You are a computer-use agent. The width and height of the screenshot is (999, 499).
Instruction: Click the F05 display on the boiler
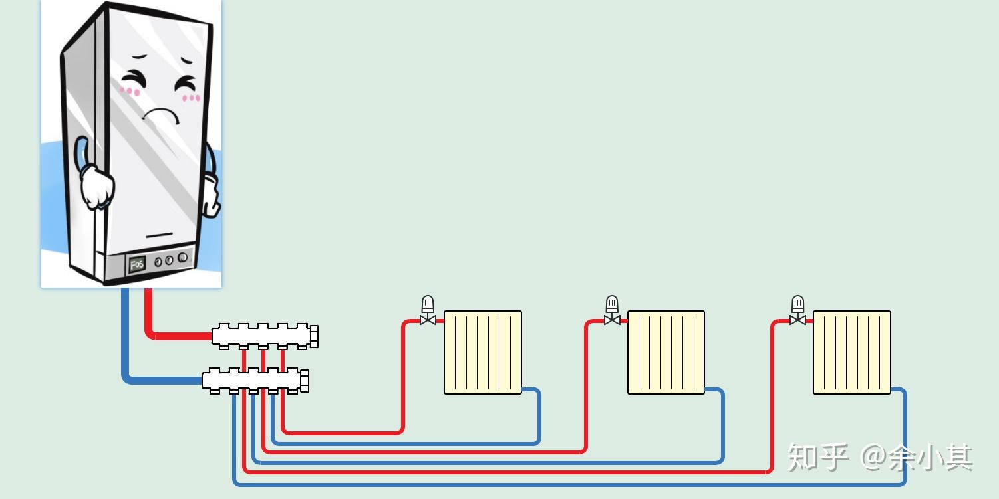[137, 264]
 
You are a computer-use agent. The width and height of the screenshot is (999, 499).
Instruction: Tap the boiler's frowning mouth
[160, 114]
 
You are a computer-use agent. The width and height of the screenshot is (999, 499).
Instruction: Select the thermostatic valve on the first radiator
[428, 310]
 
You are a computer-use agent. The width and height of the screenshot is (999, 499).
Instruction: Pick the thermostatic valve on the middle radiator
[612, 310]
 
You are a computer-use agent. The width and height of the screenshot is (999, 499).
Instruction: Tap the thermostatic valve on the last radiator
[797, 310]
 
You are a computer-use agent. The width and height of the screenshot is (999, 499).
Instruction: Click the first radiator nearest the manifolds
[483, 352]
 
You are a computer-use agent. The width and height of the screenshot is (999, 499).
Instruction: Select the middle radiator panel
[666, 352]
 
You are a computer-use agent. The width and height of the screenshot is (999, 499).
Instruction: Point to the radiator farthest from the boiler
[852, 352]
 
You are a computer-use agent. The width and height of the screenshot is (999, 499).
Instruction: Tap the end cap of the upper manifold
[314, 336]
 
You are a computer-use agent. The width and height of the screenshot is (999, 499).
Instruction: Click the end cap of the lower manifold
[305, 381]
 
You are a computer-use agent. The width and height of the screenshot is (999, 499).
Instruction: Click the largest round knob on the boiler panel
[182, 258]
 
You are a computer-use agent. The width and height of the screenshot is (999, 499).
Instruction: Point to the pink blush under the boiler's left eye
[130, 91]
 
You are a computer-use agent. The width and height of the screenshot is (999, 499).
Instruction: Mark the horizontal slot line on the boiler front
[159, 235]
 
